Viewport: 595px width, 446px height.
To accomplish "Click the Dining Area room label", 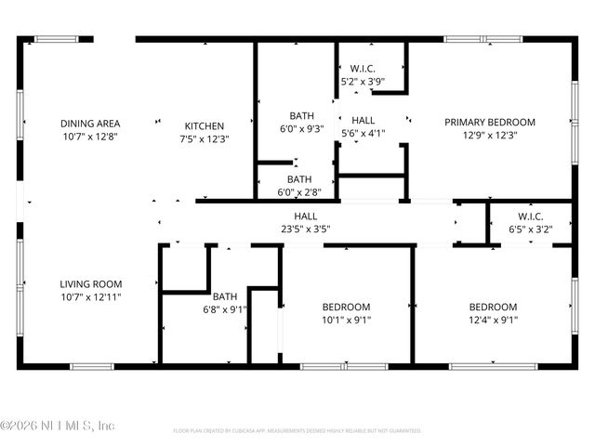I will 89,123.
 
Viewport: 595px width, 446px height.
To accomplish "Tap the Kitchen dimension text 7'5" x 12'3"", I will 204,138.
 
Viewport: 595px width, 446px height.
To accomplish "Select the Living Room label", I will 91,284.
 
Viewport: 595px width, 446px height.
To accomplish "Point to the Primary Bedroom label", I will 489,123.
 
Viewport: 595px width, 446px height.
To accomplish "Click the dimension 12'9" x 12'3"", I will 489,135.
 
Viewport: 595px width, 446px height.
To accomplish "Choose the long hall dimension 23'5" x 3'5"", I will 306,228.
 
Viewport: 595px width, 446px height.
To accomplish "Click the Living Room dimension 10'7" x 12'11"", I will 91,296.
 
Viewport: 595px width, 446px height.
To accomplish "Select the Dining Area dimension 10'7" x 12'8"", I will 89,136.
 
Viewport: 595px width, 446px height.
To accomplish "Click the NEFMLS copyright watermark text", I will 58,426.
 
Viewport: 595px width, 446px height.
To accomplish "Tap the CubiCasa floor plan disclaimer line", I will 297,431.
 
